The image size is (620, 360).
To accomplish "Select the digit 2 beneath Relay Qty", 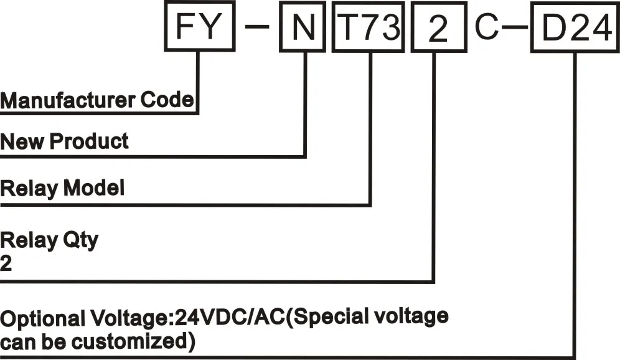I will tap(6, 263).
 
